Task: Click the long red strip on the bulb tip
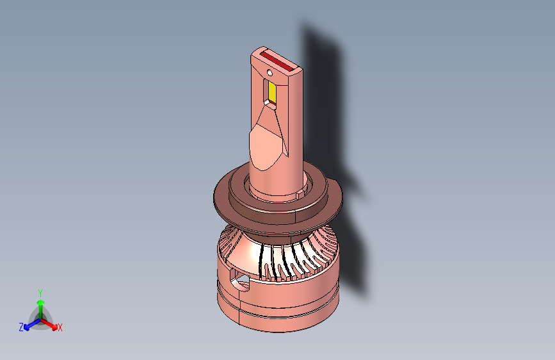click(278, 61)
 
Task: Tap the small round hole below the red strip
click(269, 73)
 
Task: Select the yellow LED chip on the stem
click(272, 92)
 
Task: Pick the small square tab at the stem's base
click(300, 195)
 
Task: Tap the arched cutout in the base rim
click(239, 279)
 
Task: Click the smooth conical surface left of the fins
click(245, 254)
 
